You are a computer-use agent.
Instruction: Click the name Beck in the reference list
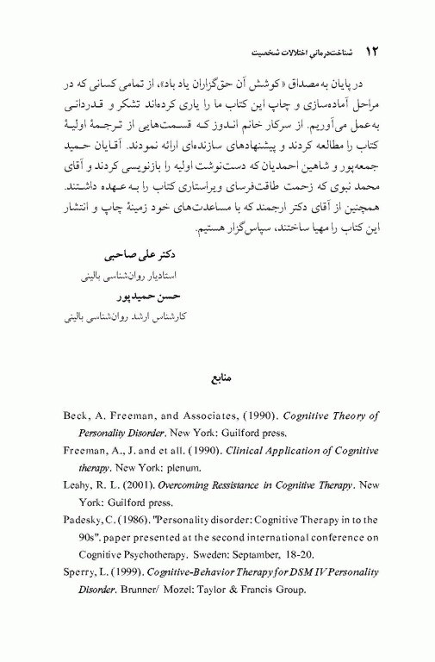[x=78, y=415]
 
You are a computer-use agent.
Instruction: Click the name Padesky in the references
[x=85, y=521]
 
